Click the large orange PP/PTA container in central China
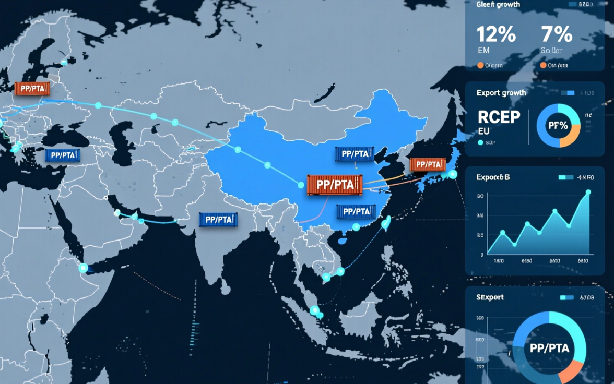point(334,184)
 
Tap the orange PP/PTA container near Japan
point(428,164)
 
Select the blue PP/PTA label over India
point(218,220)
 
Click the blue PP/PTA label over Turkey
point(62,155)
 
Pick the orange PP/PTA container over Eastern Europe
point(32,89)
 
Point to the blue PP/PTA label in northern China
point(353,154)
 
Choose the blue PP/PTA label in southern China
point(357,211)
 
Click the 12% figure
point(496,35)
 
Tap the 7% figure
point(557,35)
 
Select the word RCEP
point(499,117)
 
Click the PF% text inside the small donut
point(558,126)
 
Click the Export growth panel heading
point(501,93)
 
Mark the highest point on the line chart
point(588,192)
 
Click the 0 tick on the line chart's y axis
point(481,255)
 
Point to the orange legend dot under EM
point(480,66)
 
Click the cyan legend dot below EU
point(480,142)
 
